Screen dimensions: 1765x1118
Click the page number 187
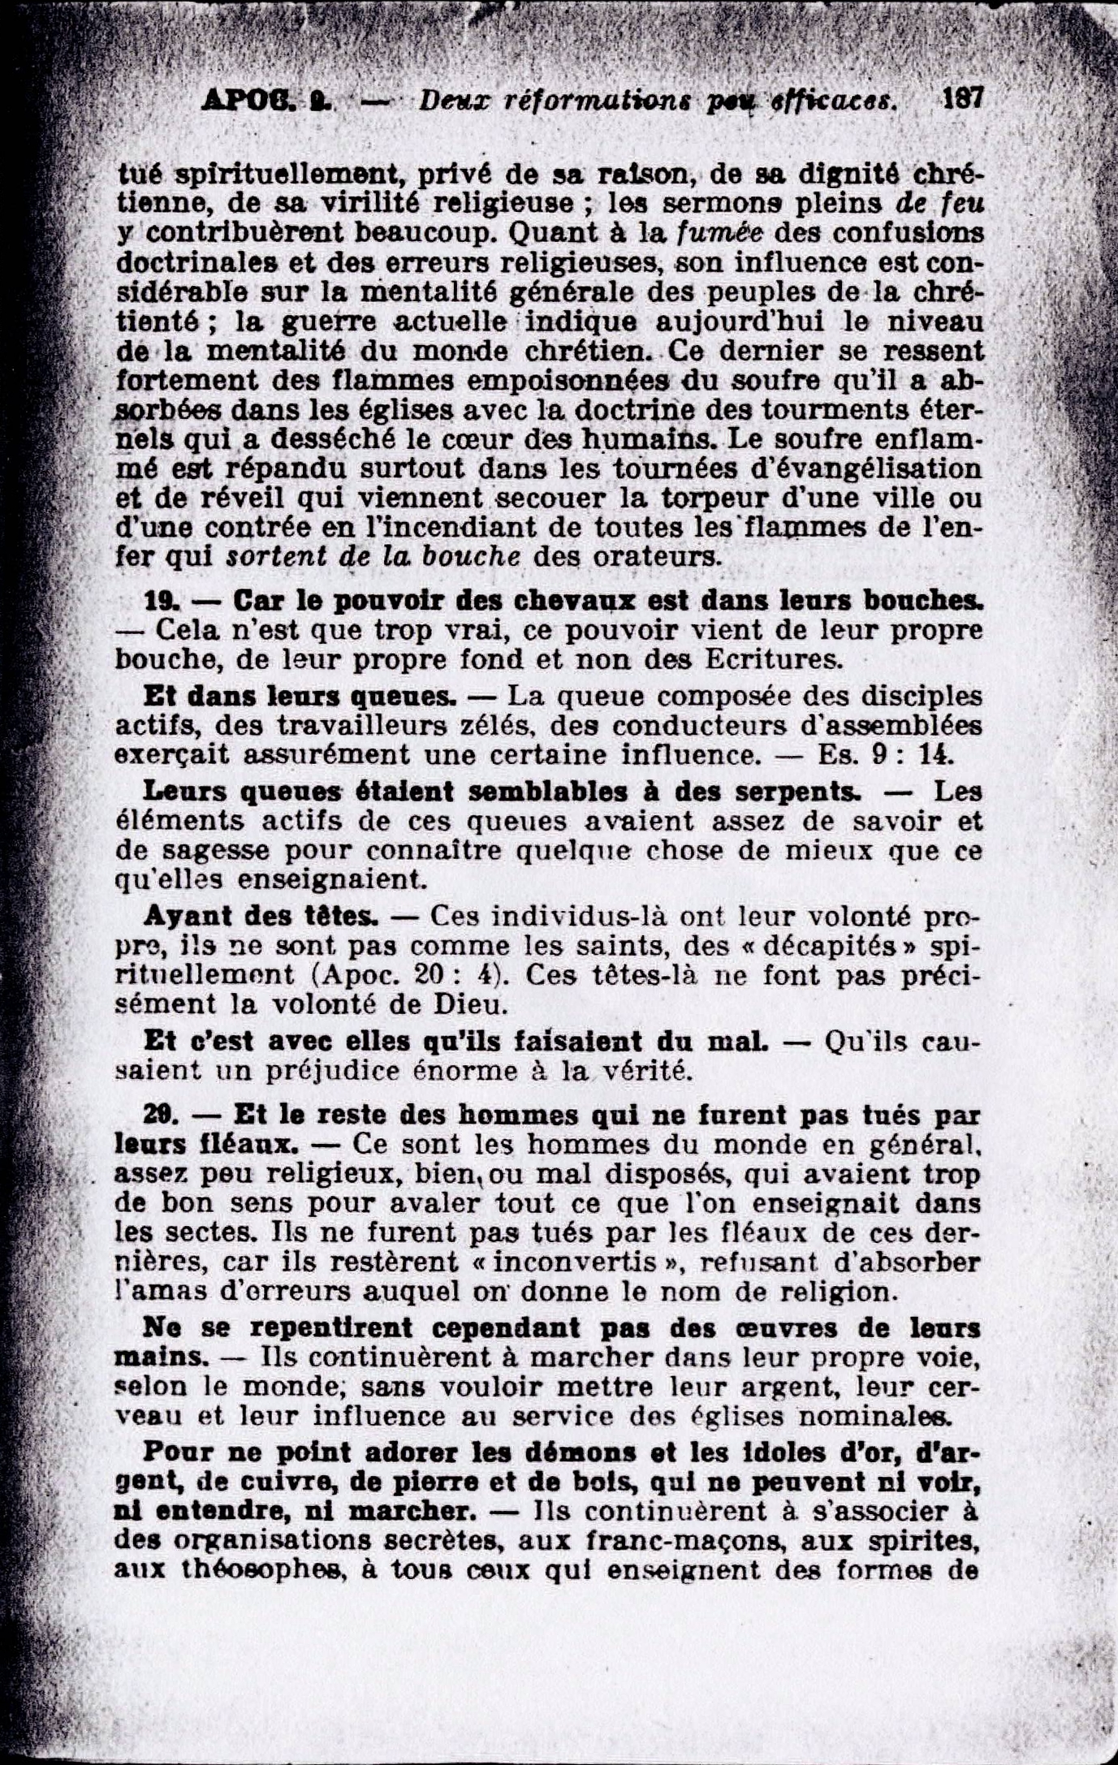click(x=962, y=100)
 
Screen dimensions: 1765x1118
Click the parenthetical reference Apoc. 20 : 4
click(x=414, y=975)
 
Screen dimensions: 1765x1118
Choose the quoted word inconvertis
click(x=576, y=1262)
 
